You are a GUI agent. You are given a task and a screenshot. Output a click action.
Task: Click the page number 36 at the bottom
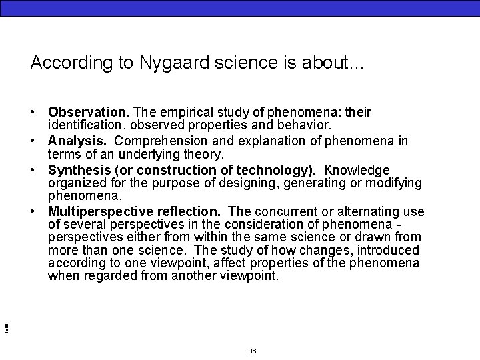(x=252, y=351)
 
